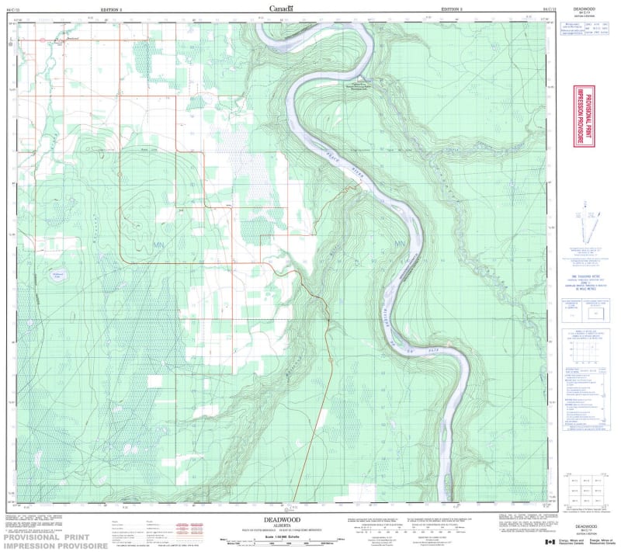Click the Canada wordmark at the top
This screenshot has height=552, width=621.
coord(281,9)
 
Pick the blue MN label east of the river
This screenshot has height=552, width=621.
coord(401,246)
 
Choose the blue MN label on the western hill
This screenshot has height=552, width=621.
coord(160,245)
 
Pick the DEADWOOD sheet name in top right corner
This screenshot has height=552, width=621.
coord(583,9)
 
